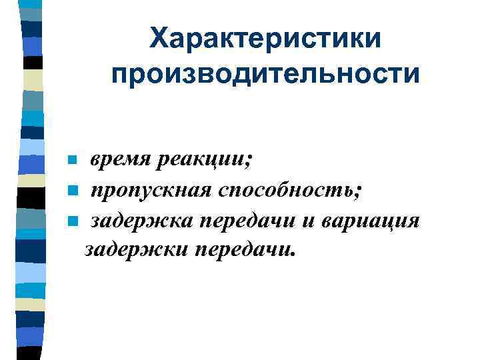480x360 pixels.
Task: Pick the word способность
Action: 287,192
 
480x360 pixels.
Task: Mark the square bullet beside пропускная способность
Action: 73,192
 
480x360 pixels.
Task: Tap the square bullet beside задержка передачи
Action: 73,221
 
